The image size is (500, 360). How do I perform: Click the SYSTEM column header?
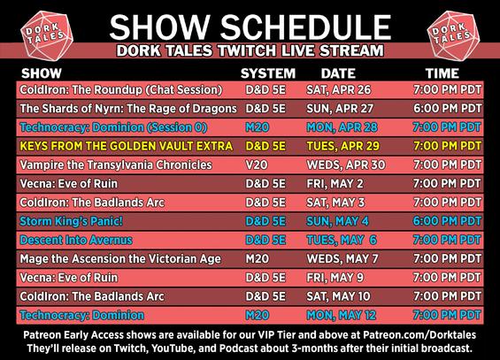tap(268, 73)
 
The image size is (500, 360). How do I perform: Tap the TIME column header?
tap(442, 73)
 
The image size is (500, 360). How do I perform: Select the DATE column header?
tap(338, 73)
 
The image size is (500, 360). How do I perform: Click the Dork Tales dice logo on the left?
tap(47, 35)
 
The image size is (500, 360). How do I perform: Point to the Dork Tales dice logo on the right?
tap(453, 35)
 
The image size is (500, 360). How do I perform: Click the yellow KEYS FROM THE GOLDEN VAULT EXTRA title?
tap(127, 146)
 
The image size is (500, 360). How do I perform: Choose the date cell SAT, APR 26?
tap(339, 90)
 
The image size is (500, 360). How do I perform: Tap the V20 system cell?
tap(257, 165)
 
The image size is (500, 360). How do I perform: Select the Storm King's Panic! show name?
tap(71, 221)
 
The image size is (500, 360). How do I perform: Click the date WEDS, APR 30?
tap(346, 165)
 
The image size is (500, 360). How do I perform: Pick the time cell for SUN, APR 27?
tap(447, 109)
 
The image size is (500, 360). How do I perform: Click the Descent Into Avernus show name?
tap(76, 241)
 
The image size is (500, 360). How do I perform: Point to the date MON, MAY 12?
tap(342, 316)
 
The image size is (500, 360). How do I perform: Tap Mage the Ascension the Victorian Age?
tap(120, 258)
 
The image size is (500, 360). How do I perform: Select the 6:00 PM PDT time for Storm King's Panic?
tap(447, 221)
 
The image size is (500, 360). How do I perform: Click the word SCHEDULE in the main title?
tap(305, 27)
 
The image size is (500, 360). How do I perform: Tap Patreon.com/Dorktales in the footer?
tap(419, 335)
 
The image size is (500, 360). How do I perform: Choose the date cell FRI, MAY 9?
tap(335, 278)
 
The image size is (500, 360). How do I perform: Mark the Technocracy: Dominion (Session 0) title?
tap(113, 127)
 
